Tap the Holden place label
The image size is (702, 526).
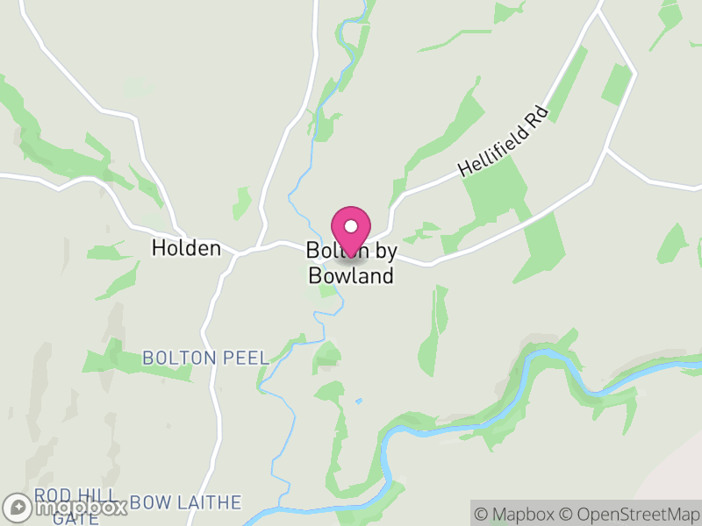(x=186, y=248)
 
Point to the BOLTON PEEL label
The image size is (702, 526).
(x=205, y=359)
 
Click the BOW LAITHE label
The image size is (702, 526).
(x=186, y=502)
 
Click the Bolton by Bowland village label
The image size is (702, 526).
(x=351, y=263)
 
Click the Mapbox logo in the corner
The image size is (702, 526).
(x=66, y=507)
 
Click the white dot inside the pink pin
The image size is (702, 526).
(x=351, y=225)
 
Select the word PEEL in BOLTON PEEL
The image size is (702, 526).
(x=248, y=359)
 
